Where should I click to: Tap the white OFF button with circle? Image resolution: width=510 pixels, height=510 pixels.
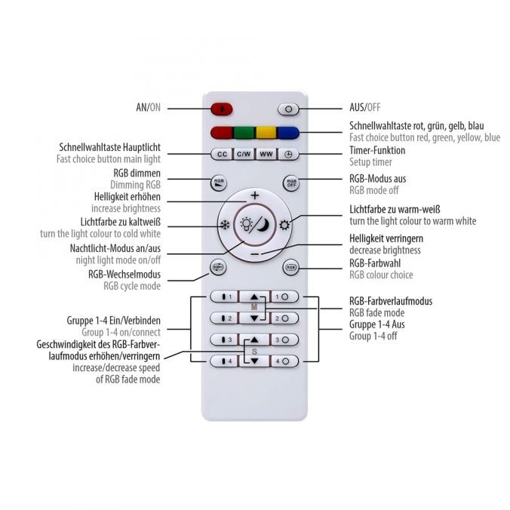pyautogui.click(x=288, y=109)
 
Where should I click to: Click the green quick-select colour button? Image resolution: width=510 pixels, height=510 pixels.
pyautogui.click(x=244, y=133)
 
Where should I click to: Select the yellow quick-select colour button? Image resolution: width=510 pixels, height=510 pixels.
pyautogui.click(x=266, y=133)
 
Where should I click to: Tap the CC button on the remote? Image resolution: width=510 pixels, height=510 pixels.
pyautogui.click(x=222, y=154)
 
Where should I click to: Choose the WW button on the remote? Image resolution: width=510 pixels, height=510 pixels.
pyautogui.click(x=266, y=154)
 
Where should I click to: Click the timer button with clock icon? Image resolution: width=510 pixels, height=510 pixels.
pyautogui.click(x=288, y=154)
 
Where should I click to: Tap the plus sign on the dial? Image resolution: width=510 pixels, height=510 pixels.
pyautogui.click(x=255, y=195)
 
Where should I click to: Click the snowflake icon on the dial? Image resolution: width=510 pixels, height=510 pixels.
pyautogui.click(x=225, y=225)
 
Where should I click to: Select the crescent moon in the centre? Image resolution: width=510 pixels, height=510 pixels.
pyautogui.click(x=263, y=225)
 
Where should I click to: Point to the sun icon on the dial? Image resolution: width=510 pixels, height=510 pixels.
pyautogui.click(x=284, y=225)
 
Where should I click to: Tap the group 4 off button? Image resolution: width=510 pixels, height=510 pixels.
pyautogui.click(x=284, y=361)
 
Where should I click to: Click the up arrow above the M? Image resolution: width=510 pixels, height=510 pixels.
pyautogui.click(x=254, y=296)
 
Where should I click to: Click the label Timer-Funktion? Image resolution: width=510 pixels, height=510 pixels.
pyautogui.click(x=377, y=150)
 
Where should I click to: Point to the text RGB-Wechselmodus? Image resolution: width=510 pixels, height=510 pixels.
pyautogui.click(x=124, y=274)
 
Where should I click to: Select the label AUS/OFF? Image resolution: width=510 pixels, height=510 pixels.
pyautogui.click(x=364, y=107)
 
